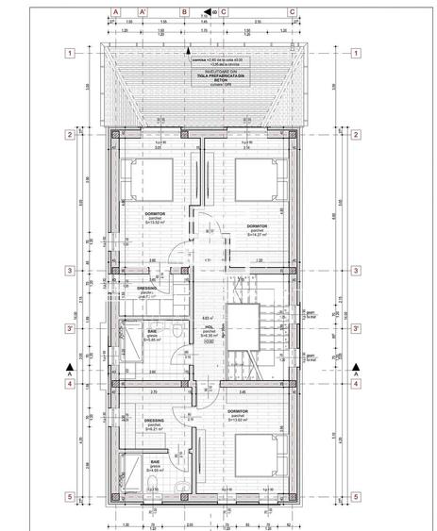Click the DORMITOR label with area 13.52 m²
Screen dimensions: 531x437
click(158, 218)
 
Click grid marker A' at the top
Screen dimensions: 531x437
click(143, 13)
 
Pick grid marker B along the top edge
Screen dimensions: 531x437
click(185, 13)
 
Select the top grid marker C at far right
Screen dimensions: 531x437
click(292, 13)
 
